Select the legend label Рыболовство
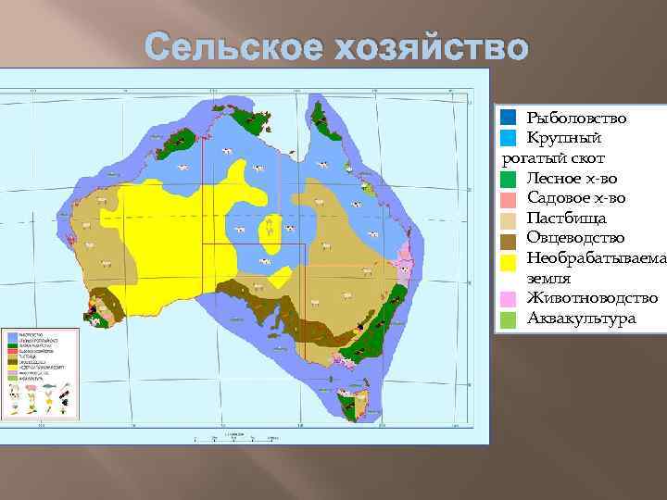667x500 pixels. tap(576, 119)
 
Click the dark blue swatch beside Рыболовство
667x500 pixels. tap(508, 119)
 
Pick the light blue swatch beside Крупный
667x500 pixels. tap(508, 139)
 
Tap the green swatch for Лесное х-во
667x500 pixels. tap(508, 179)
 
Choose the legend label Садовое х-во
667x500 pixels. tap(575, 198)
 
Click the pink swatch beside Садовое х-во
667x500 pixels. tap(508, 198)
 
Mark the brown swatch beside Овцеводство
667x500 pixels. tap(508, 239)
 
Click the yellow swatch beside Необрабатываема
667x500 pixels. tap(508, 258)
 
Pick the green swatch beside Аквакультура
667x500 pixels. tap(508, 319)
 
